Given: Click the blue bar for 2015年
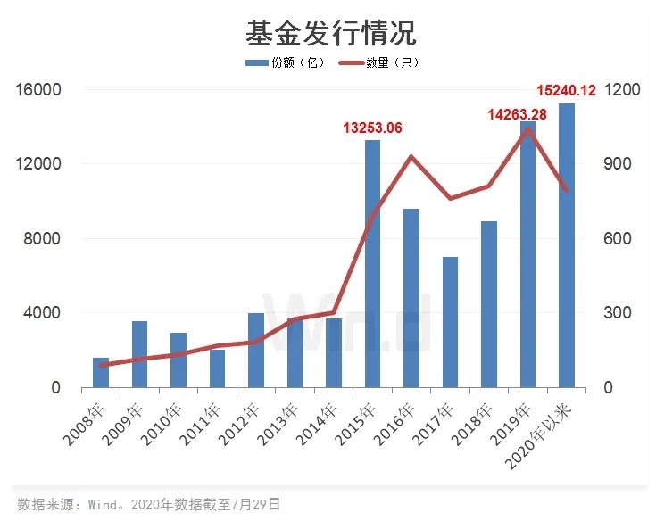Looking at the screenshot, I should coord(372,264).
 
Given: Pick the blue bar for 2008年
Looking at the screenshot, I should coord(101,373).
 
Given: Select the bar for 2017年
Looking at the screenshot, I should coord(450,322).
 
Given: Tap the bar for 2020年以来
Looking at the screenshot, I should coord(567,245).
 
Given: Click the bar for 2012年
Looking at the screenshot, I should coord(256,351).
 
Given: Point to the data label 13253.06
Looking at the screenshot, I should coord(372,128).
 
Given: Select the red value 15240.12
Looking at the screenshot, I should coord(566,90).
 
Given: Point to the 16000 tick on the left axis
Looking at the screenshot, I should coord(37,90).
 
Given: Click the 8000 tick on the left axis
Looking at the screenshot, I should coord(41,239).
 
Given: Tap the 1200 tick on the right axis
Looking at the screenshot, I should coord(622,90).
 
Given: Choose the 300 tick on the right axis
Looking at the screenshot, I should coord(618,313).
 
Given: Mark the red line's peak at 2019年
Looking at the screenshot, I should coord(527,128).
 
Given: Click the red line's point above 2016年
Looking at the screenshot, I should coord(411,157).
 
